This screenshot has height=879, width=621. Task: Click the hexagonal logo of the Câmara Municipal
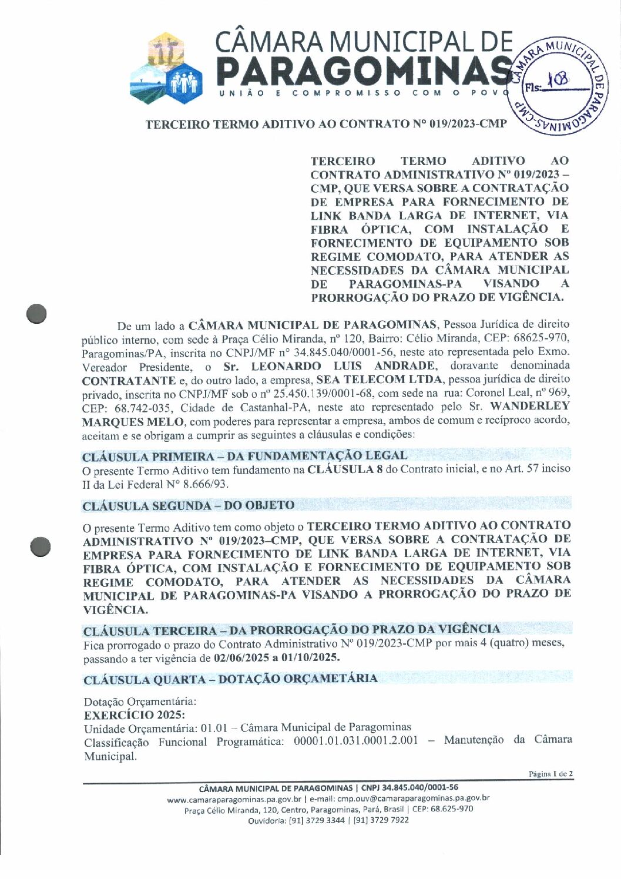point(166,66)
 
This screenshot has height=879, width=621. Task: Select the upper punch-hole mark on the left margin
point(36,313)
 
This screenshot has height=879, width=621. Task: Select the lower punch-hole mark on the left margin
point(41,546)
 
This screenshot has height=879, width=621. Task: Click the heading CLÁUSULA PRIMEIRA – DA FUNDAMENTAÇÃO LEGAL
point(244,456)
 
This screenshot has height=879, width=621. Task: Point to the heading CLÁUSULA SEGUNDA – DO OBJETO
point(189,505)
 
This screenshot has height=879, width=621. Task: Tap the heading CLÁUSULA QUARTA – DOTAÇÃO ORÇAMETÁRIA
point(230,679)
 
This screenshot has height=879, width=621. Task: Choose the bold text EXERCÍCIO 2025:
point(135,714)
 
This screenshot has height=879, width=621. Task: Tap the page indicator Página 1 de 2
point(550,774)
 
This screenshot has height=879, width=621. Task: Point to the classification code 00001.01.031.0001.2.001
point(355,740)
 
